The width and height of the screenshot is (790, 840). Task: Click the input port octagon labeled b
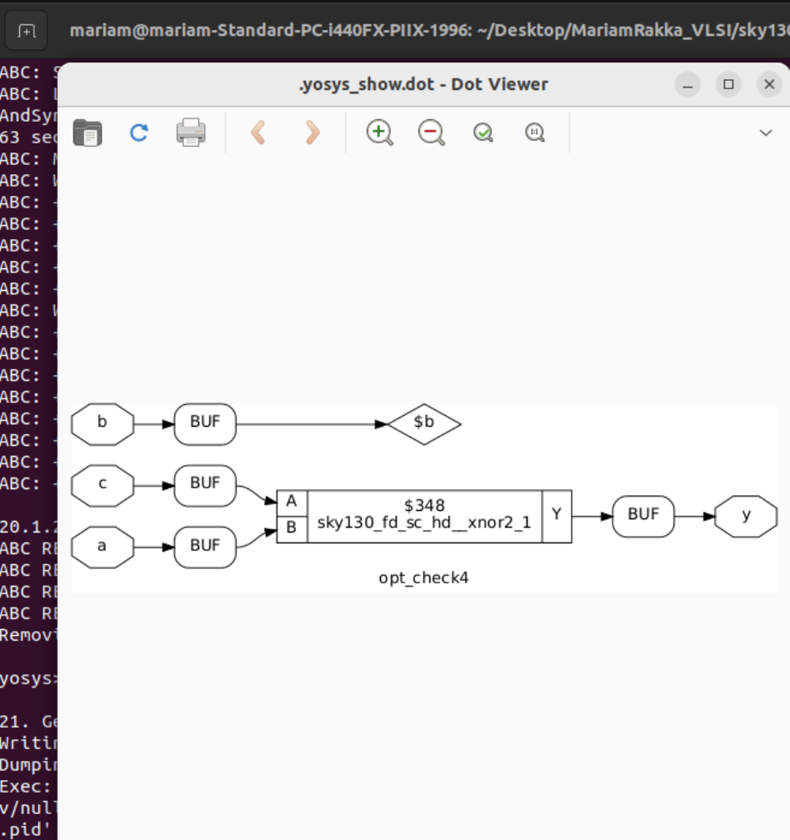coord(102,423)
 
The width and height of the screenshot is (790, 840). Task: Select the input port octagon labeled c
coord(102,484)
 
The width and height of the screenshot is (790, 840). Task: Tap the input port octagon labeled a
coord(102,547)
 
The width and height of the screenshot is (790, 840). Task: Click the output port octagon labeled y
coord(746,516)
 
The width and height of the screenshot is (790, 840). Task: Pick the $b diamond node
coord(424,423)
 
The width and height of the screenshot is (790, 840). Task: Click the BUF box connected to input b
coord(205,423)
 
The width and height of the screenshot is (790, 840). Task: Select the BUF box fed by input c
coord(205,484)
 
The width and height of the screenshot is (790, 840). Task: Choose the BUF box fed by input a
coord(205,547)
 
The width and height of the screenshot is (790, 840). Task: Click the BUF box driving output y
coord(643,516)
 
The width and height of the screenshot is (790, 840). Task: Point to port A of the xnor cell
coord(292,502)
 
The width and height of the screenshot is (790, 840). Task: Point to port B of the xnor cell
coord(292,528)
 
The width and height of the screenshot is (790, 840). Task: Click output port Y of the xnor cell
coord(557,516)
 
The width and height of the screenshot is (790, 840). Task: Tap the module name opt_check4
coord(423,578)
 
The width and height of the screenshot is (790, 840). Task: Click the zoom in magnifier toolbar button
coord(379,132)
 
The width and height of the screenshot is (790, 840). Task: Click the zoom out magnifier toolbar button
coord(431,132)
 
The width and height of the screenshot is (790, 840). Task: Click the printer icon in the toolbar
coord(191,132)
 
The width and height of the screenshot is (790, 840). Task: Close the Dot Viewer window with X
coord(768,84)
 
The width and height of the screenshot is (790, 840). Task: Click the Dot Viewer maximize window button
coord(728,84)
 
